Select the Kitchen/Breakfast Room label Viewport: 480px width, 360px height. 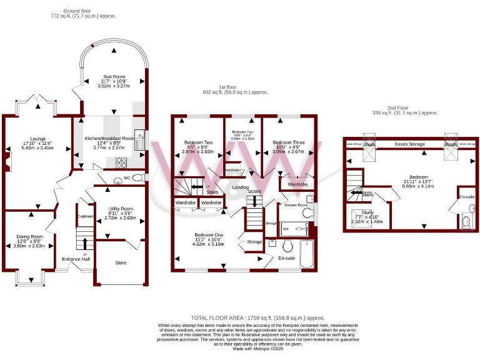click(109, 138)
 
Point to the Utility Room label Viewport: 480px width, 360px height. click(120, 208)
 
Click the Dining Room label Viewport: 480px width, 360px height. click(29, 236)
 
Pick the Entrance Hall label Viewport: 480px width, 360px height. click(76, 259)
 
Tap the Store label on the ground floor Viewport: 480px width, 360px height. click(120, 262)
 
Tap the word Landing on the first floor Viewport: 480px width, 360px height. click(241, 187)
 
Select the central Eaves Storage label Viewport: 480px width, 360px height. click(409, 144)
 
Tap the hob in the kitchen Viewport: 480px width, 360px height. click(119, 161)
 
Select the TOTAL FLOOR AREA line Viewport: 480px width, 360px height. click(240, 318)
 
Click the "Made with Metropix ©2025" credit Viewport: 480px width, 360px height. click(240, 348)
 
